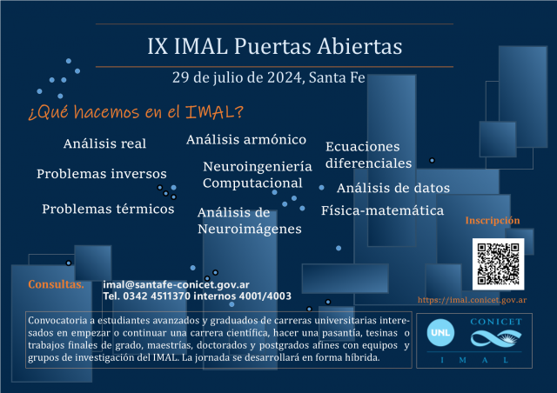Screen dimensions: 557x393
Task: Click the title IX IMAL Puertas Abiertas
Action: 275,46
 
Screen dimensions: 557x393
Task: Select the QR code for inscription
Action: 498,263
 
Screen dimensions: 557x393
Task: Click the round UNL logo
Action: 440,333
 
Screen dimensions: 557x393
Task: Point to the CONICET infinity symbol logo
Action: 496,338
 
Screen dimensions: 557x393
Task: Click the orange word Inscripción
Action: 493,221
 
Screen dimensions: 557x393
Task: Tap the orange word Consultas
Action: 56,284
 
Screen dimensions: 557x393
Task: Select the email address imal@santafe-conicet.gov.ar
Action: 176,284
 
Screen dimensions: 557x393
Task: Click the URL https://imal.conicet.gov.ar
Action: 472,300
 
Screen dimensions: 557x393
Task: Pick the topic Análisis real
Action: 104,143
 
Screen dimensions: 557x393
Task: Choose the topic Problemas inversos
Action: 102,174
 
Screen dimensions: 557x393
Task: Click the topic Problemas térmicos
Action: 108,209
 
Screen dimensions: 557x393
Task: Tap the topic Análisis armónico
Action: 246,140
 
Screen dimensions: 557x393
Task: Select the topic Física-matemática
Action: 383,210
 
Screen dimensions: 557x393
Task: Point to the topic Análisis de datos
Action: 393,188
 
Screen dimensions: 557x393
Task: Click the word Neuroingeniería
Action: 258,166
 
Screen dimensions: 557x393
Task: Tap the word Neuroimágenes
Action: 250,230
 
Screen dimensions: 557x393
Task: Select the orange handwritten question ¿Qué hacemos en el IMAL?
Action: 136,112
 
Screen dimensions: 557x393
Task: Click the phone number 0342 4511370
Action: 157,296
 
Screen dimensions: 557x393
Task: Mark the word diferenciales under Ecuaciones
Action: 369,163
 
